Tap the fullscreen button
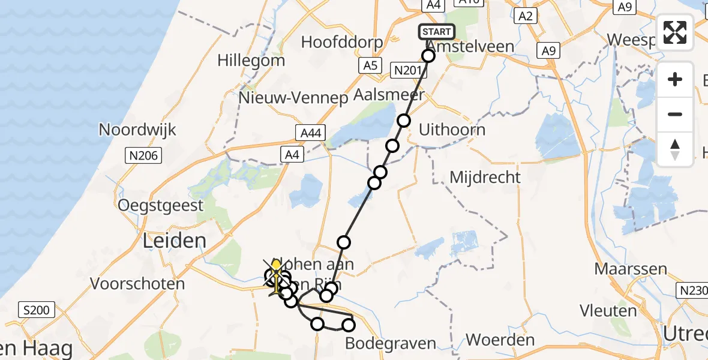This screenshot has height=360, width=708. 675,32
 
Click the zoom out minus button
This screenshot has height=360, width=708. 675,114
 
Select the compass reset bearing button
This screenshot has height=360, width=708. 675,149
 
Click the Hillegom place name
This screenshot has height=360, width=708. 251,61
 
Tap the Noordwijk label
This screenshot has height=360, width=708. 137,130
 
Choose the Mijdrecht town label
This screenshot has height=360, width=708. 485,178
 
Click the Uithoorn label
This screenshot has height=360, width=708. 452,130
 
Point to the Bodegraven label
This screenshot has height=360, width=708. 391,343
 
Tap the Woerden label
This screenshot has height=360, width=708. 500,340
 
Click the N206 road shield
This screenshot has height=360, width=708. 143,157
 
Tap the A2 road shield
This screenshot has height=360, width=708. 526,16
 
